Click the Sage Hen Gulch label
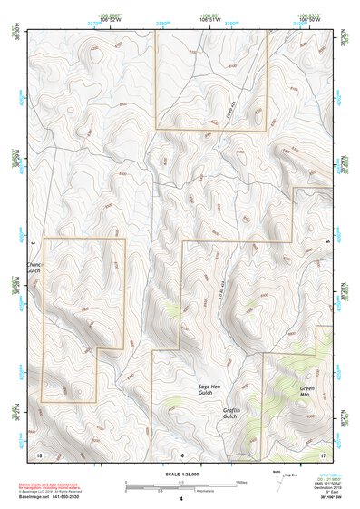point(209,391)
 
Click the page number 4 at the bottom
point(180,499)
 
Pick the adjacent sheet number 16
point(180,453)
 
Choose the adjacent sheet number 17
point(322,453)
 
